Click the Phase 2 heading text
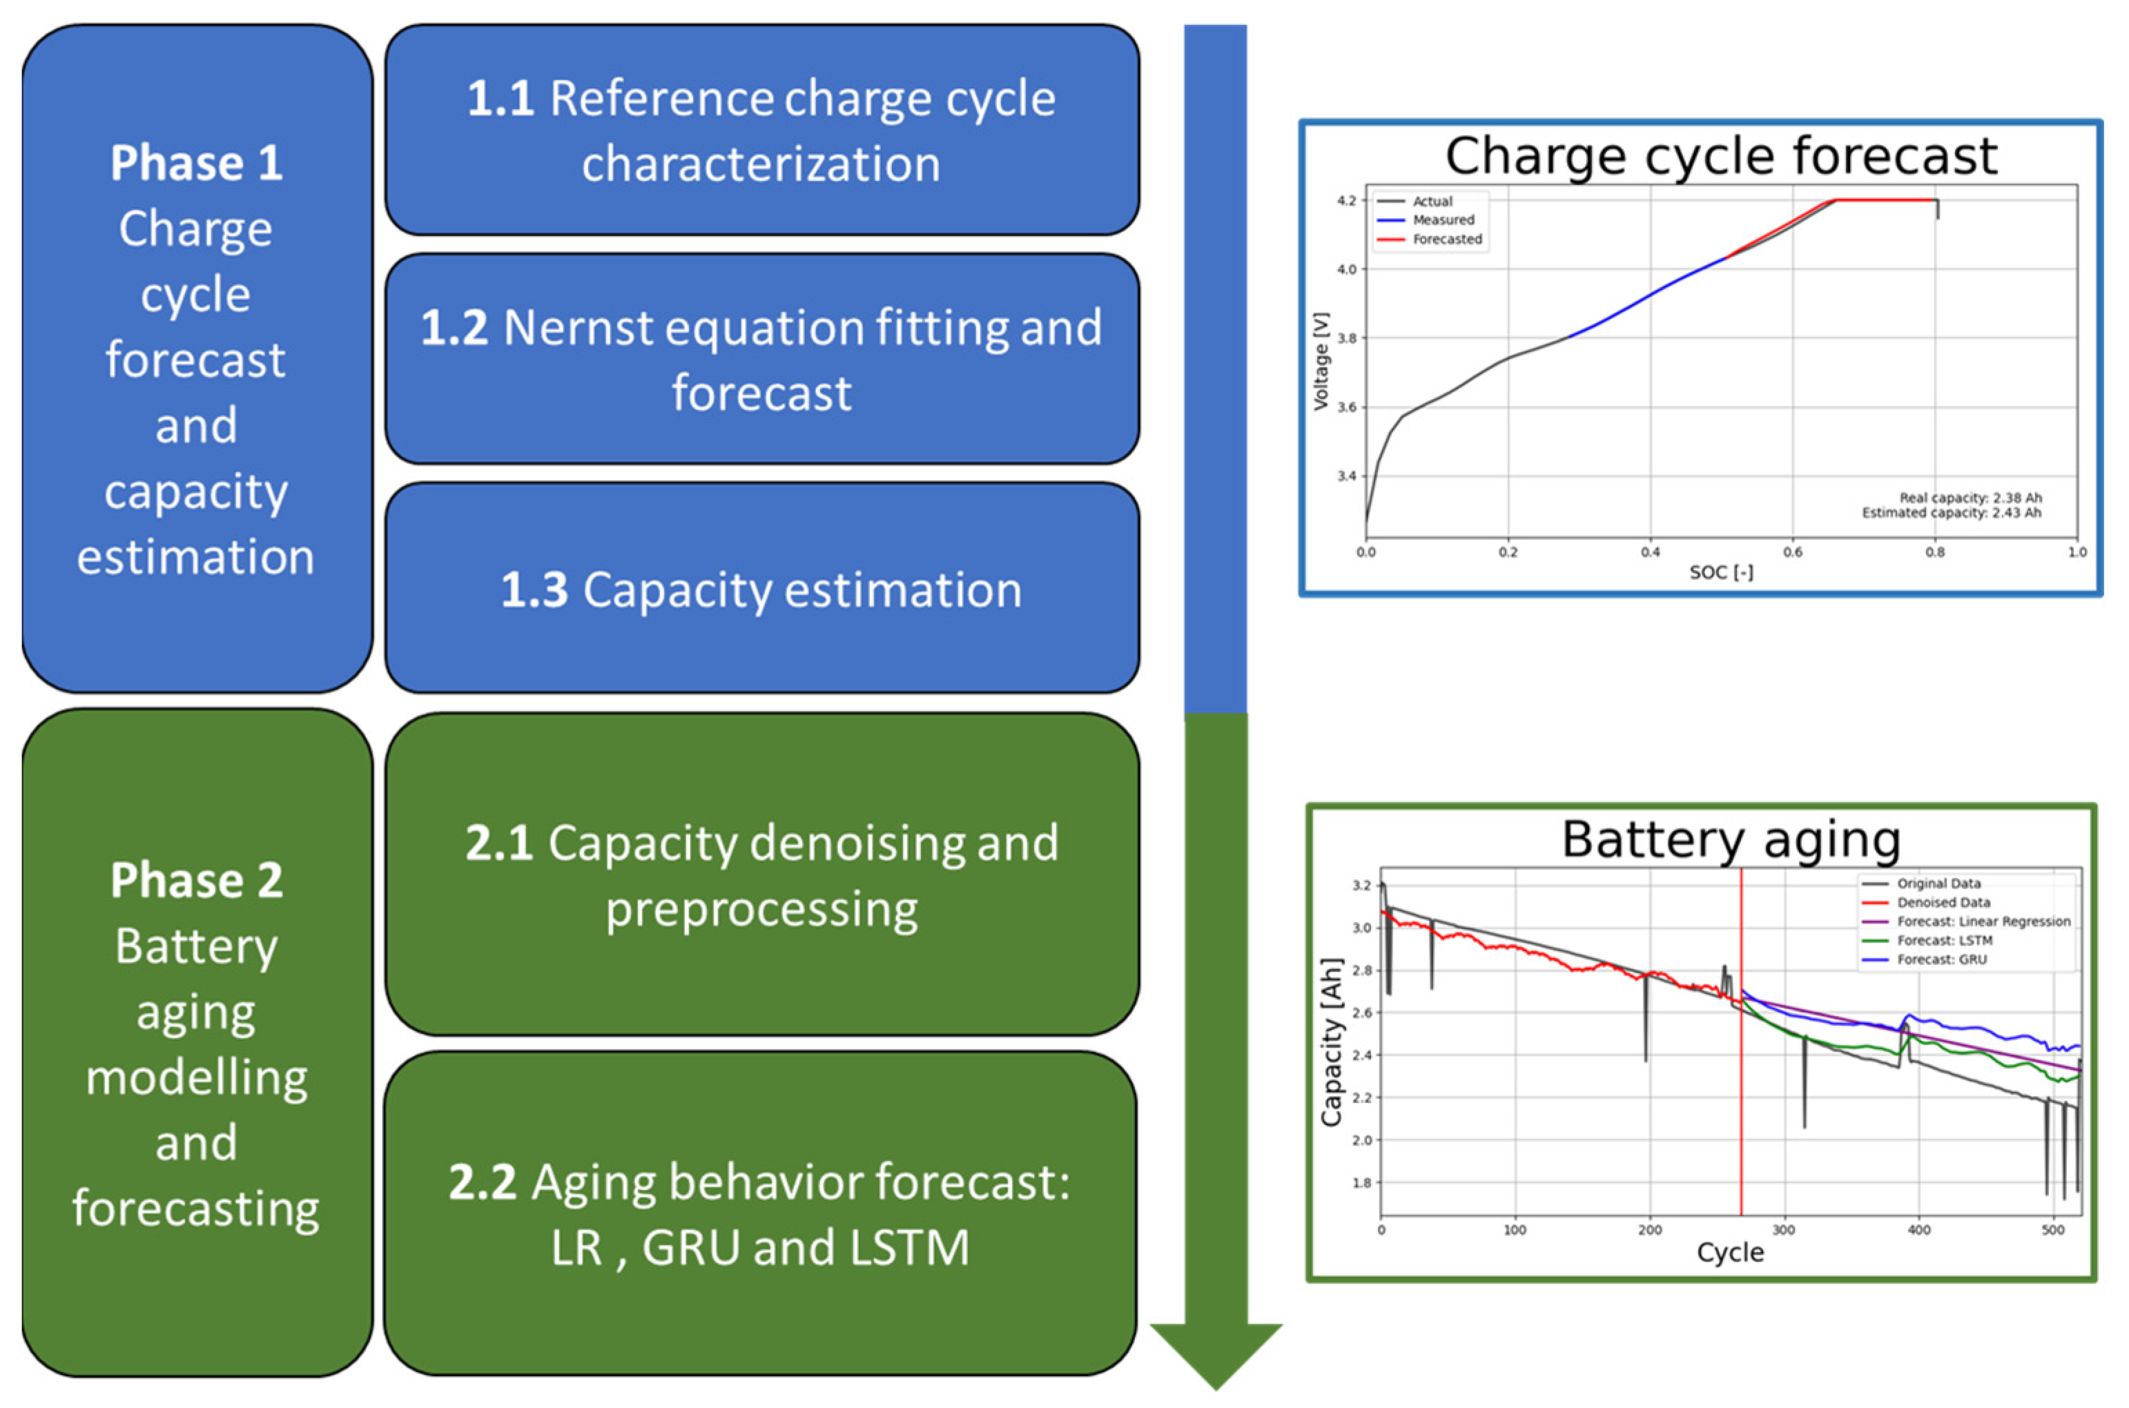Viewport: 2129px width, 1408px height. click(x=196, y=880)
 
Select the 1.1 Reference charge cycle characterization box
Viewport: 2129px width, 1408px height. click(x=761, y=130)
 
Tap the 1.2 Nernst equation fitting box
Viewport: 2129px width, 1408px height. click(x=761, y=359)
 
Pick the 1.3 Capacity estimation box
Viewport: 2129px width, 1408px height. click(x=761, y=589)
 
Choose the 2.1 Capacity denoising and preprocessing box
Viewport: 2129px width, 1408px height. click(x=761, y=875)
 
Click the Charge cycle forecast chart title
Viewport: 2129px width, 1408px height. click(x=1720, y=156)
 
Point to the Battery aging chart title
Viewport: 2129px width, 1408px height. click(x=1730, y=839)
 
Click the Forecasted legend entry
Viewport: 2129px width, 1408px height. click(x=1446, y=239)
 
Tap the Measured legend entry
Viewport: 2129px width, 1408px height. click(x=1443, y=220)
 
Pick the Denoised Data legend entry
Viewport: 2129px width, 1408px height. click(x=1943, y=903)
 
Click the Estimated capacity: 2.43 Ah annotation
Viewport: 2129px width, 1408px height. click(x=1950, y=513)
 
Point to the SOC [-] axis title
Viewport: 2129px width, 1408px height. click(x=1720, y=573)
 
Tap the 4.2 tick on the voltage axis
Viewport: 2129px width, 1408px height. click(x=1346, y=200)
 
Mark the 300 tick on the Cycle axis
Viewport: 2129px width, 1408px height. click(x=1783, y=1230)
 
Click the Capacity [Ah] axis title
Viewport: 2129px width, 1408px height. click(x=1331, y=1042)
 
